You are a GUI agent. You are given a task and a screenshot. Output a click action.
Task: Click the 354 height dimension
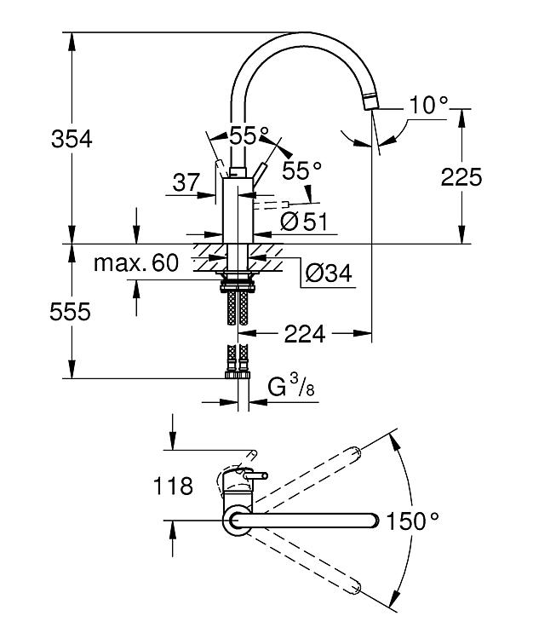pyautogui.click(x=72, y=139)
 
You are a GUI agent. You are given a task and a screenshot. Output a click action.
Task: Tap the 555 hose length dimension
pyautogui.click(x=70, y=312)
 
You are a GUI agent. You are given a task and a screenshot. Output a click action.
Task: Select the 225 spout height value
pyautogui.click(x=461, y=178)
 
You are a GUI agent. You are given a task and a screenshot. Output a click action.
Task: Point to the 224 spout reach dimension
pyautogui.click(x=305, y=334)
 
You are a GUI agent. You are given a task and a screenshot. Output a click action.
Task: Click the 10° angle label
pyautogui.click(x=428, y=105)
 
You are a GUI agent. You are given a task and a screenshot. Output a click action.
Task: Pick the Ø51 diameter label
pyautogui.click(x=304, y=222)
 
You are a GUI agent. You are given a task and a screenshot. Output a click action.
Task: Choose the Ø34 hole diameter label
pyautogui.click(x=328, y=273)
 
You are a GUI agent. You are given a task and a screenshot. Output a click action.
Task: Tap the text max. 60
pyautogui.click(x=136, y=263)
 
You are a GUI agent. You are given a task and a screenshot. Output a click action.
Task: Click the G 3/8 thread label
pyautogui.click(x=291, y=385)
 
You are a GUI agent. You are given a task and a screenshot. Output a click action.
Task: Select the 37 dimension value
pyautogui.click(x=186, y=182)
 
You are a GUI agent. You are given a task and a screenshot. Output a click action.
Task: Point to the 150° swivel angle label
pyautogui.click(x=412, y=521)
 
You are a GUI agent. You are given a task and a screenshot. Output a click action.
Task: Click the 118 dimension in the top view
pyautogui.click(x=173, y=486)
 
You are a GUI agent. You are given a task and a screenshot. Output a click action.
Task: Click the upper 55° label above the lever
pyautogui.click(x=249, y=135)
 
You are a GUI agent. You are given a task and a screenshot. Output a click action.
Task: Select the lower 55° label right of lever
pyautogui.click(x=302, y=170)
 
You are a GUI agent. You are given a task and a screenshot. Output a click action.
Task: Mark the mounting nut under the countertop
pyautogui.click(x=238, y=287)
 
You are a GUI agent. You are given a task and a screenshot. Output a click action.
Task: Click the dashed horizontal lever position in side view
pyautogui.click(x=271, y=204)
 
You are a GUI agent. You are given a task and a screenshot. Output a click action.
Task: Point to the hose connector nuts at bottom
pyautogui.click(x=238, y=375)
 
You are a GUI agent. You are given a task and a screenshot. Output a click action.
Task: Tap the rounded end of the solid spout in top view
pyautogui.click(x=374, y=521)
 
